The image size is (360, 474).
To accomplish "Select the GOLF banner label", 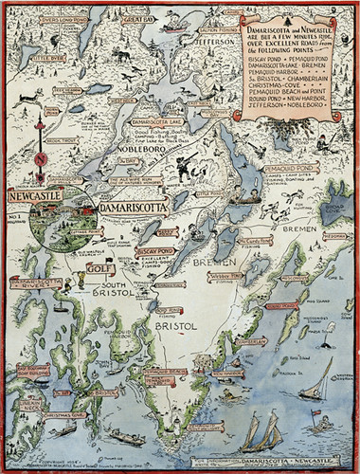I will (x=97, y=269).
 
